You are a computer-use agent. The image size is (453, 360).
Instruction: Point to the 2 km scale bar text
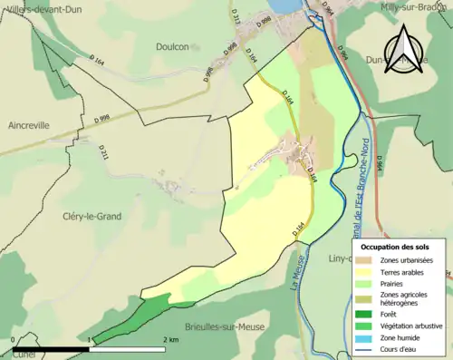coord(170,339)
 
